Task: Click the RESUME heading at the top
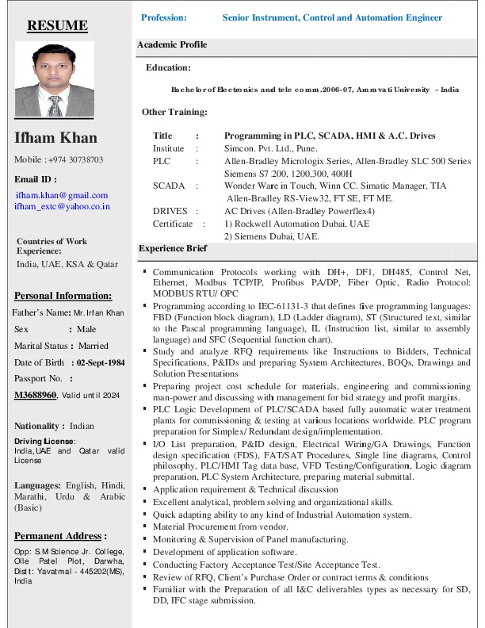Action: coord(58,25)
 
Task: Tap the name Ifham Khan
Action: coord(55,138)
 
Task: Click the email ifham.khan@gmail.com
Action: coord(62,195)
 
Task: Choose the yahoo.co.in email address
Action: coord(62,206)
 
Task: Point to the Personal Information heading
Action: coord(63,296)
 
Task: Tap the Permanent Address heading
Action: coord(60,536)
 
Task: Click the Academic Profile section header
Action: coord(172,45)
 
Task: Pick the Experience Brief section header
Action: coord(173,249)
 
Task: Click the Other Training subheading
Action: coord(174,112)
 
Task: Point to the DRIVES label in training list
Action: coord(170,212)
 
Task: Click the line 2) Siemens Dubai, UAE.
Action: coord(272,235)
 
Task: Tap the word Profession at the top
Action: coord(164,17)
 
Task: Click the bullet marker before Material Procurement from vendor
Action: coord(145,526)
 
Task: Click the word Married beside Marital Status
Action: coord(94,346)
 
